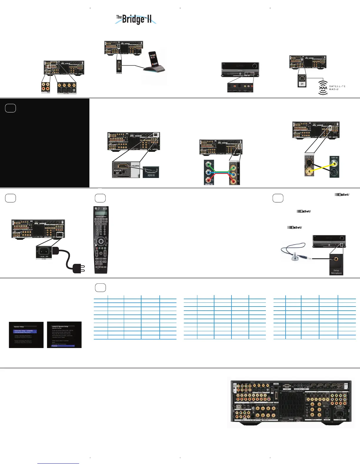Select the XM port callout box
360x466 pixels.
pos(302,81)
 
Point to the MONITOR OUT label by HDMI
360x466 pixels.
pos(118,172)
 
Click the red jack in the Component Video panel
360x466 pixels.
pos(209,180)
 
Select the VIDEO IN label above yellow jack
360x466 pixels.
pos(334,158)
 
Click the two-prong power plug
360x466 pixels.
pos(79,268)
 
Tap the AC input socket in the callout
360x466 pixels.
pos(44,252)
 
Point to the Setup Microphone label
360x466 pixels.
pos(336,272)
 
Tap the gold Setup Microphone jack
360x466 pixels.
pos(336,259)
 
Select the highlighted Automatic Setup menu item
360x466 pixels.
pos(25,331)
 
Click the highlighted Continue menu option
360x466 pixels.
pos(63,346)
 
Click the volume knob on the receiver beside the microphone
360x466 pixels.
pos(341,238)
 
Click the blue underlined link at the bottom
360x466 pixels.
pos(58,463)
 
